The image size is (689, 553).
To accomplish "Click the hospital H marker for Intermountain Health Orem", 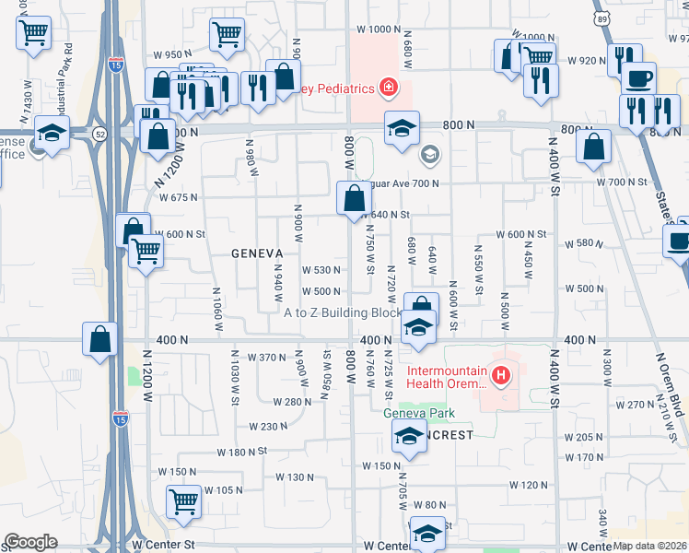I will pyautogui.click(x=501, y=375).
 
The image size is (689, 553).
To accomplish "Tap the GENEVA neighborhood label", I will pyautogui.click(x=256, y=253).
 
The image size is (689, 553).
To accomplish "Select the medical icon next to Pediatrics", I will pyautogui.click(x=390, y=88).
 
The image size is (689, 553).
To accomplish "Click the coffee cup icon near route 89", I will pyautogui.click(x=637, y=77).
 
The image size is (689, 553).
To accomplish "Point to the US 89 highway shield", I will pyautogui.click(x=601, y=18).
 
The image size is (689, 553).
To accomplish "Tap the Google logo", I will pyautogui.click(x=30, y=542).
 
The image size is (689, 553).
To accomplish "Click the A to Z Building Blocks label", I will pyautogui.click(x=343, y=313).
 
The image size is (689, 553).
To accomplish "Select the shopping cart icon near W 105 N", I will pyautogui.click(x=183, y=501).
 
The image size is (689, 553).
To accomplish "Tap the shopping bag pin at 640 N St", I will pyautogui.click(x=355, y=197).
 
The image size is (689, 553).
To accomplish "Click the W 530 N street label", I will pyautogui.click(x=322, y=270).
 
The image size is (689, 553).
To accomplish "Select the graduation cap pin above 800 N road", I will pyautogui.click(x=402, y=129).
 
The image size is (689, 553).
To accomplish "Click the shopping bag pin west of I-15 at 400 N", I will pyautogui.click(x=99, y=339).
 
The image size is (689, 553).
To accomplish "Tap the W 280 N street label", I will pyautogui.click(x=293, y=402).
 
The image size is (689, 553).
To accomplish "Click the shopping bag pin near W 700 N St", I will pyautogui.click(x=593, y=146).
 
